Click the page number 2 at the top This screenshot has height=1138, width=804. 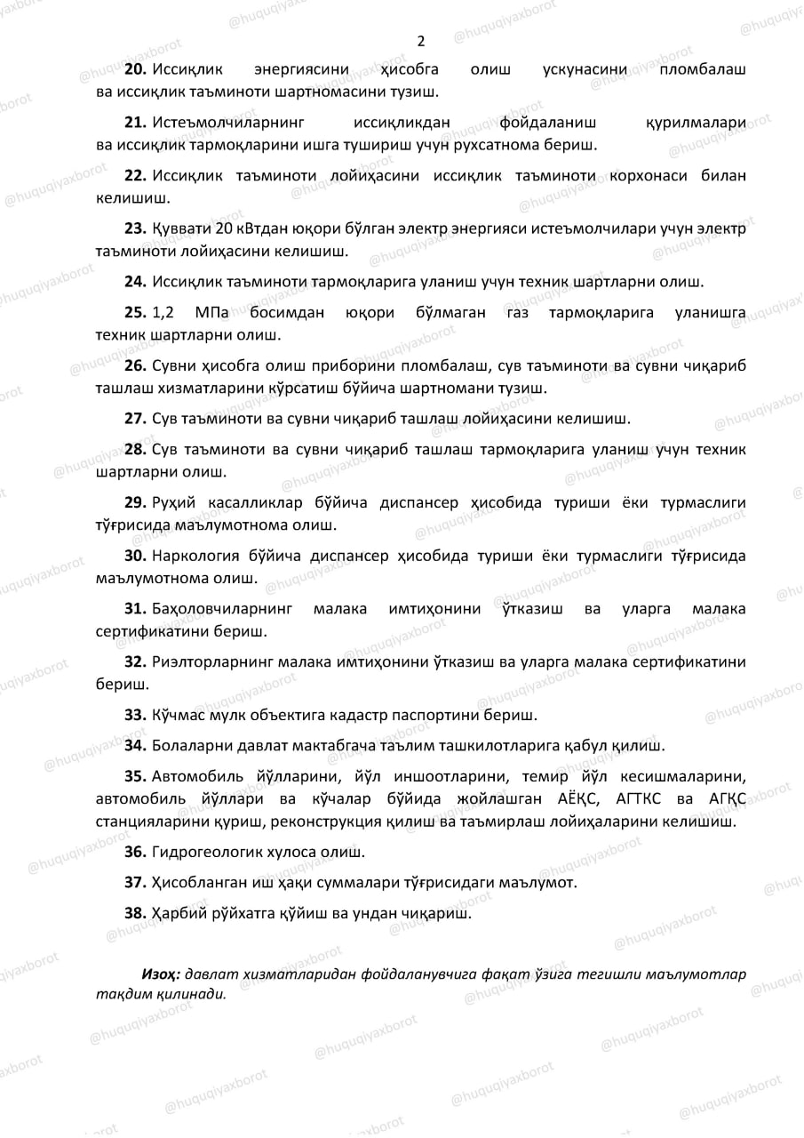pos(420,41)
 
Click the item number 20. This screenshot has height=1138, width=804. pos(136,68)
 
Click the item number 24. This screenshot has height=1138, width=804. pos(136,282)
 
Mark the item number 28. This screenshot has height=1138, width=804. pos(136,449)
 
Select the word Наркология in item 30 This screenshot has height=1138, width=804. pos(196,557)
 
